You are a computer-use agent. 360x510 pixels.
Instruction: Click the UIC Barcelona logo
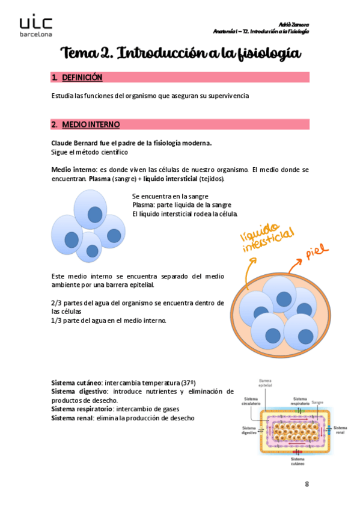click(35, 26)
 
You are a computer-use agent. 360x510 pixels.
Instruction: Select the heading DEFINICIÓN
click(82, 78)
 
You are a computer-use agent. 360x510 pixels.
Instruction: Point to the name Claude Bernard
click(76, 144)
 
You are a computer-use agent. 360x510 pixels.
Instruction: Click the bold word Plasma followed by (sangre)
click(99, 179)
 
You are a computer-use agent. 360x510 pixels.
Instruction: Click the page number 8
click(307, 484)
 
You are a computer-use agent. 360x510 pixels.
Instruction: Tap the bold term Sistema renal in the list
click(72, 418)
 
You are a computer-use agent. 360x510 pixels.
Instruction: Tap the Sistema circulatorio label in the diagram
click(252, 401)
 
